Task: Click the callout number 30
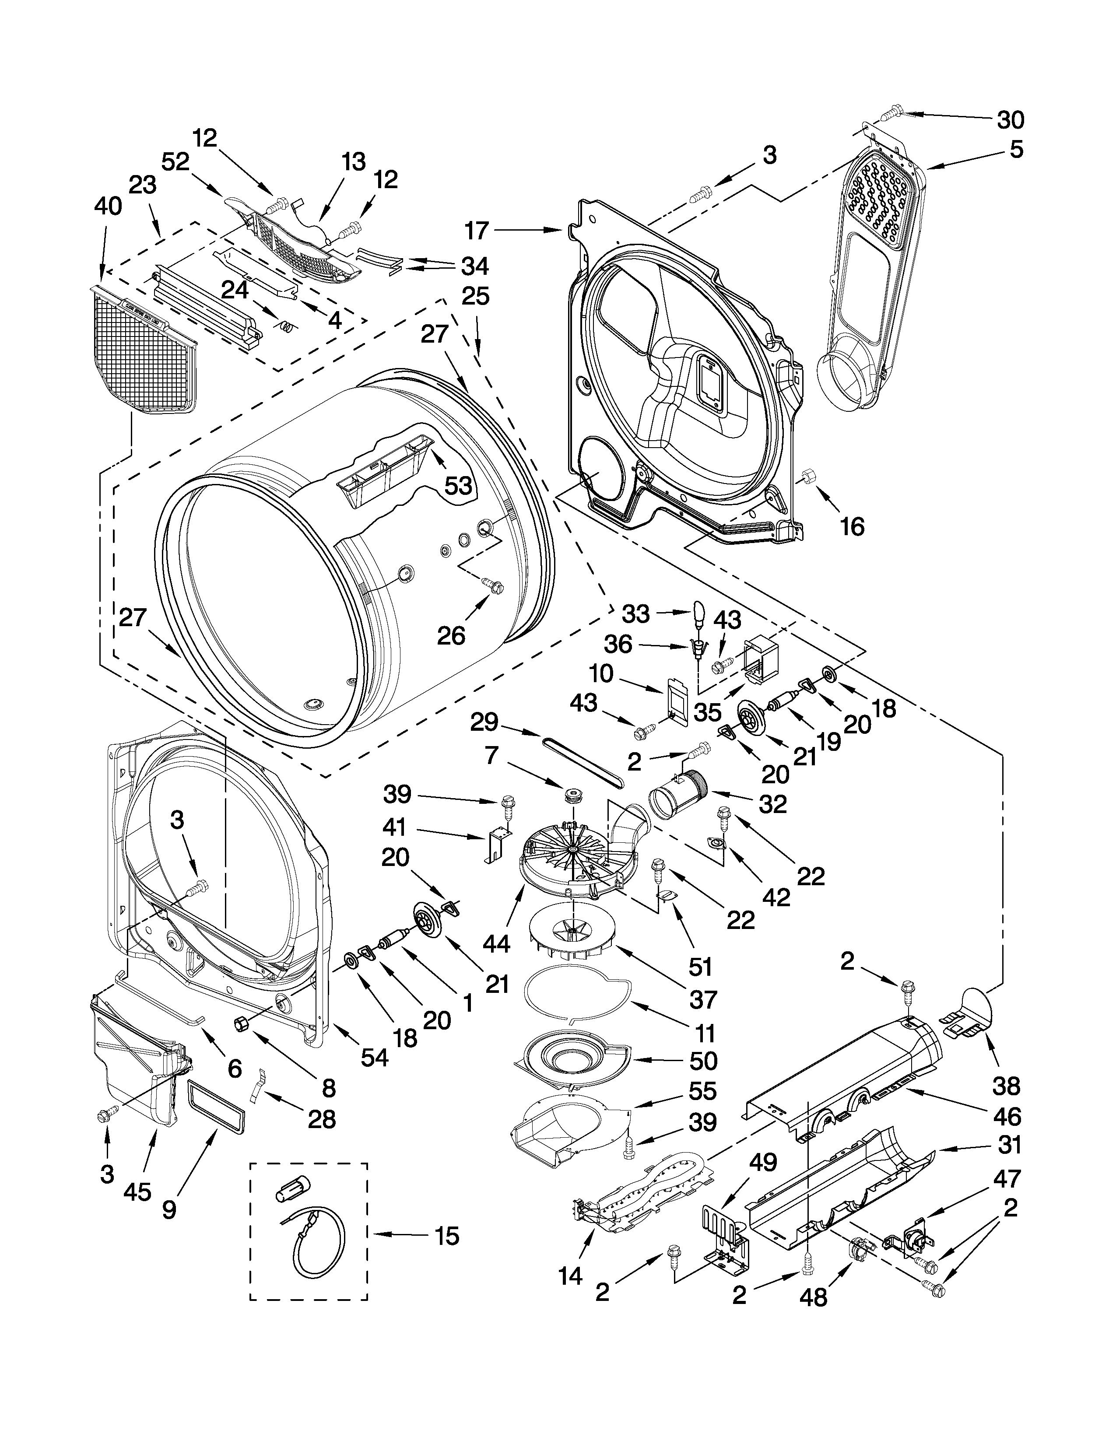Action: point(1010,119)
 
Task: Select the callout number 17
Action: point(476,230)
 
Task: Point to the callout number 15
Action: point(448,1236)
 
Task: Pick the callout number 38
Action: point(1006,1086)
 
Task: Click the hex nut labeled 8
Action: point(241,1024)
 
